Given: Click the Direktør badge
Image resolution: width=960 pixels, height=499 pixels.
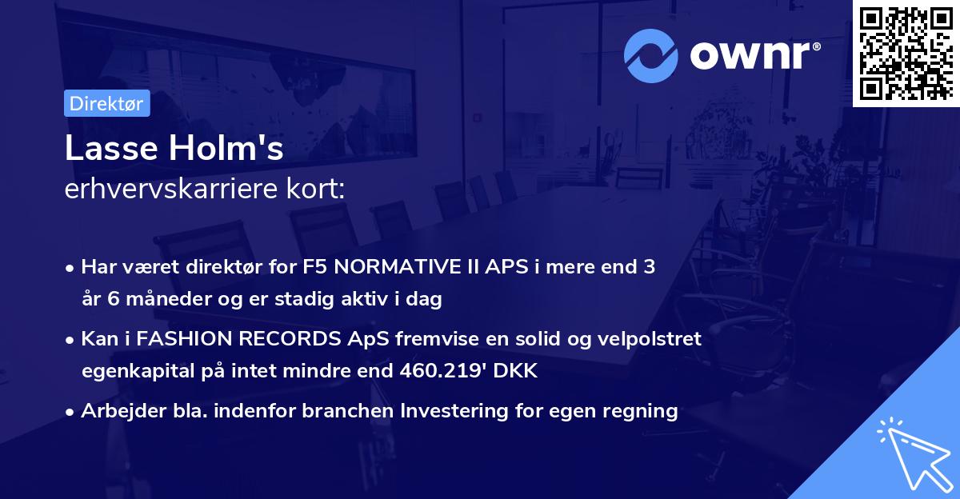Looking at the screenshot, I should pyautogui.click(x=106, y=104).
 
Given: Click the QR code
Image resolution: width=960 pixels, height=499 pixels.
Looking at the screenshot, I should pyautogui.click(x=906, y=54).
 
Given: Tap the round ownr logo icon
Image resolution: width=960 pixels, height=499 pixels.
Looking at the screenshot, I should pyautogui.click(x=651, y=56).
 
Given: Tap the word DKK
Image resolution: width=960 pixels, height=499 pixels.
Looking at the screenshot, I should pyautogui.click(x=518, y=371).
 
